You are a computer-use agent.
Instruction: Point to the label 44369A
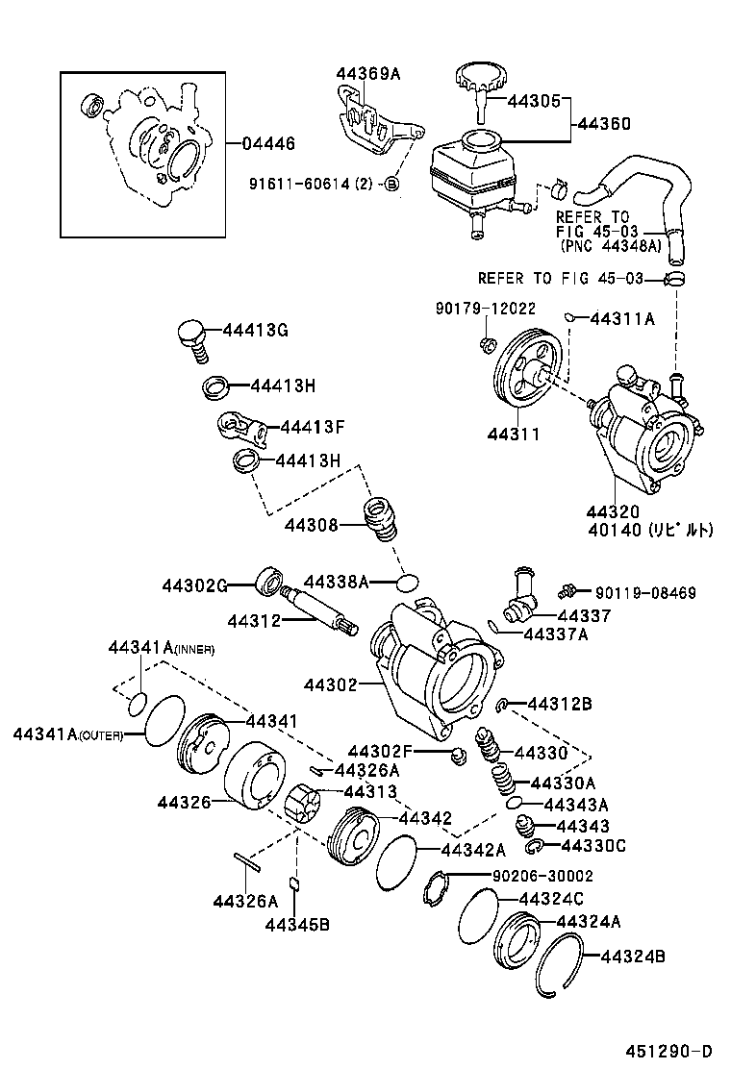tap(367, 73)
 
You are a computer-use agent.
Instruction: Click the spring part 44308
tap(381, 521)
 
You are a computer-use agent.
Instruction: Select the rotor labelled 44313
tap(305, 805)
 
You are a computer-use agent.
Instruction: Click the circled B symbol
tap(391, 183)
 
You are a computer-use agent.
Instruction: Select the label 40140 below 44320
tap(649, 529)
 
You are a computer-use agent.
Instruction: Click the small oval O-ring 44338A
tap(408, 583)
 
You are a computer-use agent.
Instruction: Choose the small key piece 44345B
tap(295, 883)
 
